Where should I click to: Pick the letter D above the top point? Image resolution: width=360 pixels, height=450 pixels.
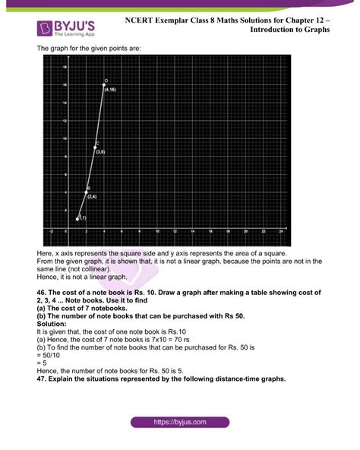click(x=107, y=80)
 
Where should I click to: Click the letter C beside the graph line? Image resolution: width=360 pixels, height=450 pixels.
click(x=97, y=143)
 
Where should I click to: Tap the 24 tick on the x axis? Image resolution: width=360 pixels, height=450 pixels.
click(x=281, y=230)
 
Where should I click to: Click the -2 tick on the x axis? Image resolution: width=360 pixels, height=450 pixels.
click(x=51, y=230)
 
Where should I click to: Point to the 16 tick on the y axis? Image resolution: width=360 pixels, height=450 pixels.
click(x=65, y=85)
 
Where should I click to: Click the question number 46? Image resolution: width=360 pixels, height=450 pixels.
click(x=43, y=293)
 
